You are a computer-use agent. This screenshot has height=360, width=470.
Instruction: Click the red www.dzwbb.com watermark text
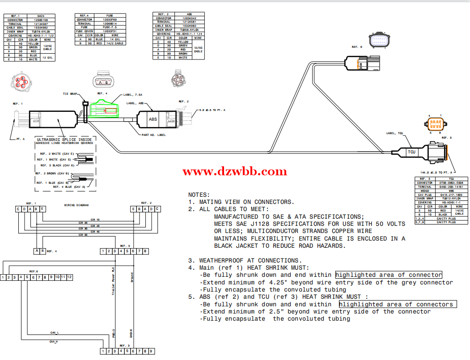(x=235, y=172)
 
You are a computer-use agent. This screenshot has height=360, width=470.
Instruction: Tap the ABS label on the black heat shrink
(x=152, y=119)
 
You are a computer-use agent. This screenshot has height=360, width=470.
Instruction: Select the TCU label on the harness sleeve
(x=411, y=152)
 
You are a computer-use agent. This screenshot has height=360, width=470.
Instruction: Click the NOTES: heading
(x=199, y=195)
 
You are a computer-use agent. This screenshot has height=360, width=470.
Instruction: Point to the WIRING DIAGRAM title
(x=76, y=205)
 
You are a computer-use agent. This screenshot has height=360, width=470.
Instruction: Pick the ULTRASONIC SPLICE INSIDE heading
(x=64, y=140)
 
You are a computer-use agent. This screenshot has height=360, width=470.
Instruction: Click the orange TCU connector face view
(x=435, y=124)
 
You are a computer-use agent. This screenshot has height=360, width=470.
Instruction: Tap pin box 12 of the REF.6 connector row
(x=69, y=277)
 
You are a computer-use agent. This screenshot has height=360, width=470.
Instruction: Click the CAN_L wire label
(x=55, y=333)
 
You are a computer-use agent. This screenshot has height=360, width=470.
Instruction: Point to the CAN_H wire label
(x=54, y=342)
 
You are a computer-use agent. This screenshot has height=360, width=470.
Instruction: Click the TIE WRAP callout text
(x=70, y=94)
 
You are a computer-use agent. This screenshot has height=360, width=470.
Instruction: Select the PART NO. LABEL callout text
(x=153, y=135)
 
